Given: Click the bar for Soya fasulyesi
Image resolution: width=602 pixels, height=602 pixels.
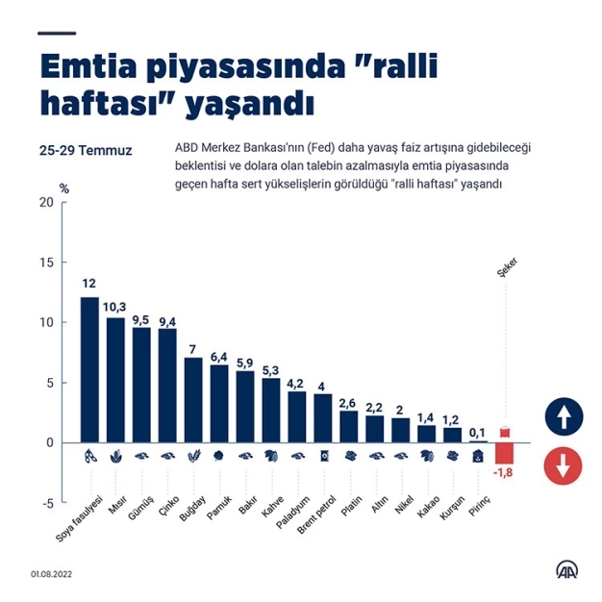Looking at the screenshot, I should [x=88, y=369].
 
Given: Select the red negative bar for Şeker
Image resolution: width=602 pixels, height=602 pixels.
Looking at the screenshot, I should [x=504, y=453].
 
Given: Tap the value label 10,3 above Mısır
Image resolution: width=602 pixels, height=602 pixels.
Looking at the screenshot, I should [x=115, y=307].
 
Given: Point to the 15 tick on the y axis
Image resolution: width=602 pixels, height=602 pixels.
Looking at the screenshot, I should [x=46, y=263].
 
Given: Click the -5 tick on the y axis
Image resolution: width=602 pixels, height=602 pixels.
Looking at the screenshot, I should [x=45, y=503].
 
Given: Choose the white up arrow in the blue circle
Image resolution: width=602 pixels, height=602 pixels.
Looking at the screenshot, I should [x=563, y=417].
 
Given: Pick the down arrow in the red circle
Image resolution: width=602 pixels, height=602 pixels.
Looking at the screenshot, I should [x=563, y=466].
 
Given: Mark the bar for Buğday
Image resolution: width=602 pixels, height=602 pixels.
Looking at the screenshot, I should [x=193, y=399].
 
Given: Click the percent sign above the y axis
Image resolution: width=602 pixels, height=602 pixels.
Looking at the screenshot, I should [x=64, y=188].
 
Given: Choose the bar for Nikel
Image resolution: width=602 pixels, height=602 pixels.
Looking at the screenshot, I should [x=401, y=430].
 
